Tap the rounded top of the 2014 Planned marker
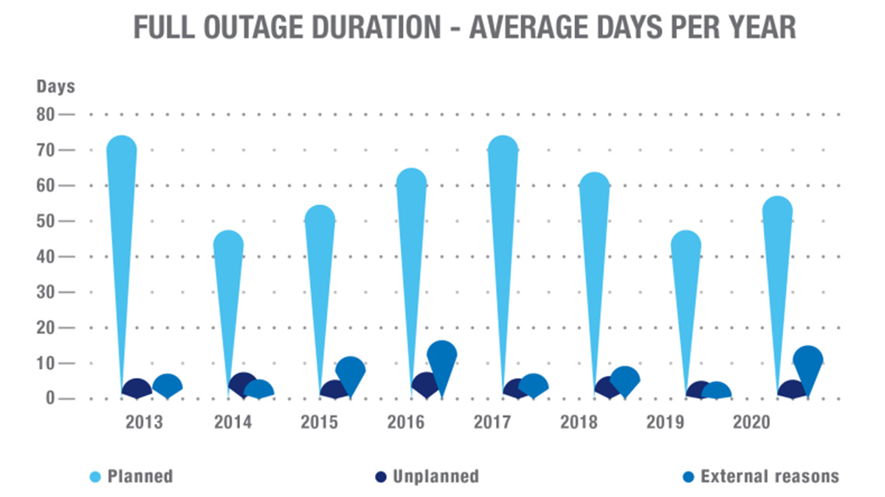coord(228,245)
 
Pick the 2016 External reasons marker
coord(442,356)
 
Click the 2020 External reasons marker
coord(807,361)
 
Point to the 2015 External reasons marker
coord(350,371)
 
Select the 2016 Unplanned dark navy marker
coord(426,384)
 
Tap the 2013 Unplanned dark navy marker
coord(137,388)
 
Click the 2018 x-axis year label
coord(578,422)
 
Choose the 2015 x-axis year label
coord(319,422)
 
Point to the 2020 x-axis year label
coord(751,422)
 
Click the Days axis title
coord(55,86)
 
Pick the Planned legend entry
coord(132,476)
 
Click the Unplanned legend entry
coord(426,476)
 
